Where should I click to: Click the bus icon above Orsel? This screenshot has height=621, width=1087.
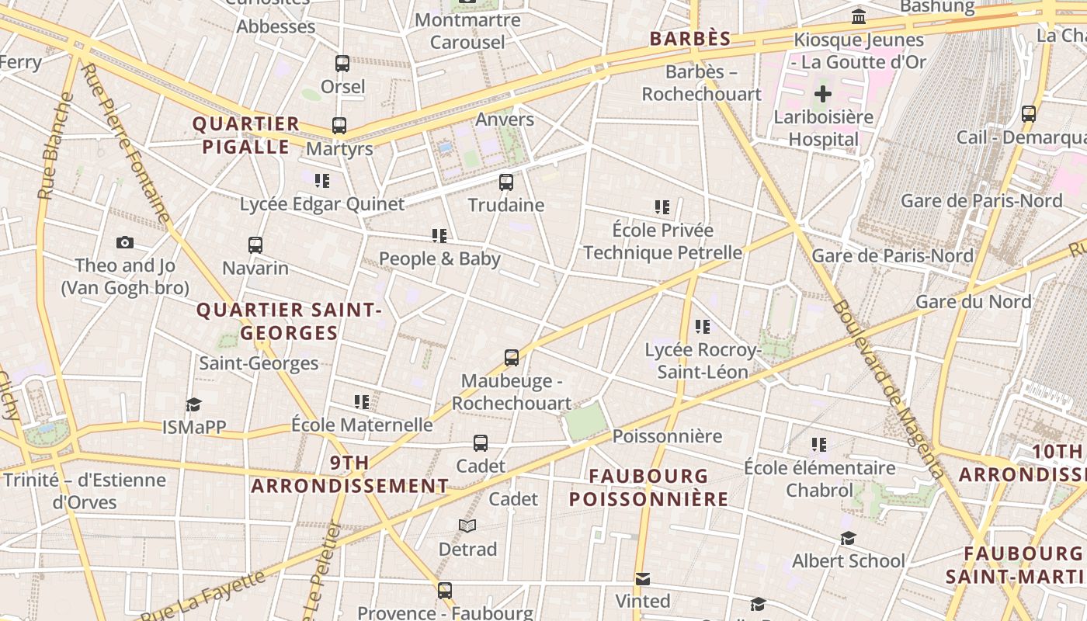(x=342, y=64)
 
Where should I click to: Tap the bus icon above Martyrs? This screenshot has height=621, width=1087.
(x=339, y=126)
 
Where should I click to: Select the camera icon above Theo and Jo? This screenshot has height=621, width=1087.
(x=125, y=243)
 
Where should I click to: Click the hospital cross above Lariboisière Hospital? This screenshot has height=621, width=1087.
(x=823, y=95)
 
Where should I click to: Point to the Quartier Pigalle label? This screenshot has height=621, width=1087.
(x=246, y=135)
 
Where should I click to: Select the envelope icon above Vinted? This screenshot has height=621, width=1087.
(x=643, y=579)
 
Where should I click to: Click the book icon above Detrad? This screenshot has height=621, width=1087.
(x=467, y=526)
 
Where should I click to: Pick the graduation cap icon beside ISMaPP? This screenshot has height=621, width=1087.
(x=193, y=404)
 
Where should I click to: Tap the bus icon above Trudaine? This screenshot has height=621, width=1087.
(x=506, y=182)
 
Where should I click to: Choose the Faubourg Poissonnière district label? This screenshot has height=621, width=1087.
(x=649, y=487)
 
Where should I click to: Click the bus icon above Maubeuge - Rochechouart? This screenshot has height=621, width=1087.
(x=512, y=358)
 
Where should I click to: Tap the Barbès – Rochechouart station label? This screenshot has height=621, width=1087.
(x=702, y=83)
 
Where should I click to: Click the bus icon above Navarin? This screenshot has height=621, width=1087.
(x=255, y=245)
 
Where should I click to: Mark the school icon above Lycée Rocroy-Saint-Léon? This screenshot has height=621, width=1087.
(x=703, y=327)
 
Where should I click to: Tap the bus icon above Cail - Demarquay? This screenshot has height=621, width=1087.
(x=1029, y=114)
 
